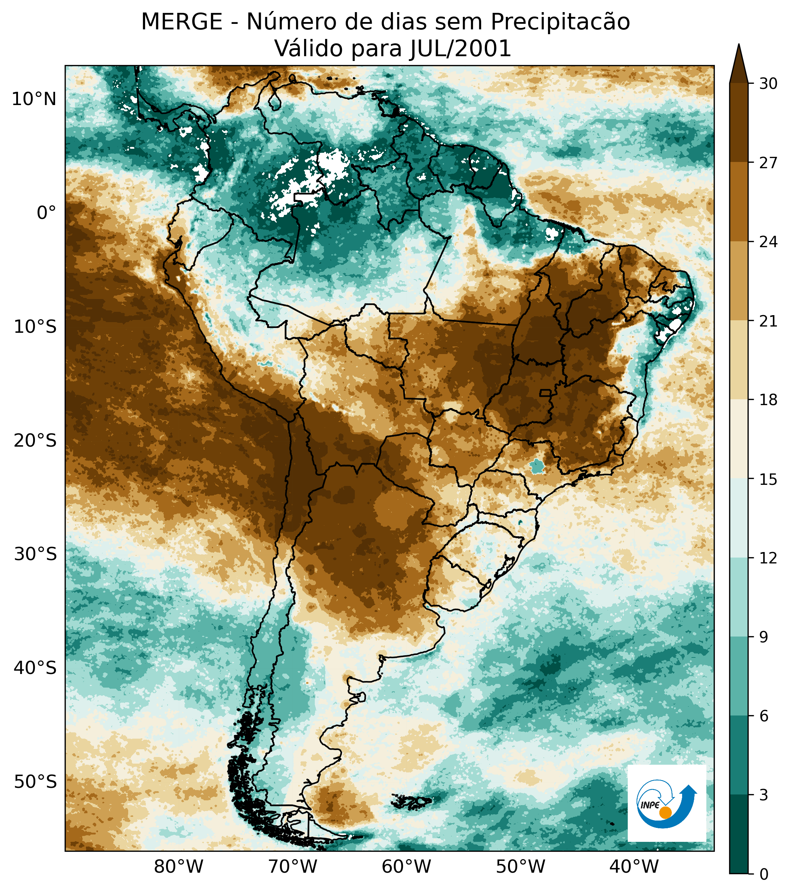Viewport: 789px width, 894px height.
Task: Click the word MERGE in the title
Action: point(181,22)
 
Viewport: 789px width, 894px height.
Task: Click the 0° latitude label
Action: point(46,213)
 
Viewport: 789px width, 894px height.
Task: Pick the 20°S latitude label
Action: point(35,440)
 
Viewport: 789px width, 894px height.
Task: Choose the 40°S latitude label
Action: point(35,668)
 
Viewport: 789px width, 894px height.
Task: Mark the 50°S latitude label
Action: point(35,782)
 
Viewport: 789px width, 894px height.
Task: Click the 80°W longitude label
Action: point(179,866)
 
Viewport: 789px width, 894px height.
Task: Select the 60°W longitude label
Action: point(406,866)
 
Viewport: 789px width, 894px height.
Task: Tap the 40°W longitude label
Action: point(634,866)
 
